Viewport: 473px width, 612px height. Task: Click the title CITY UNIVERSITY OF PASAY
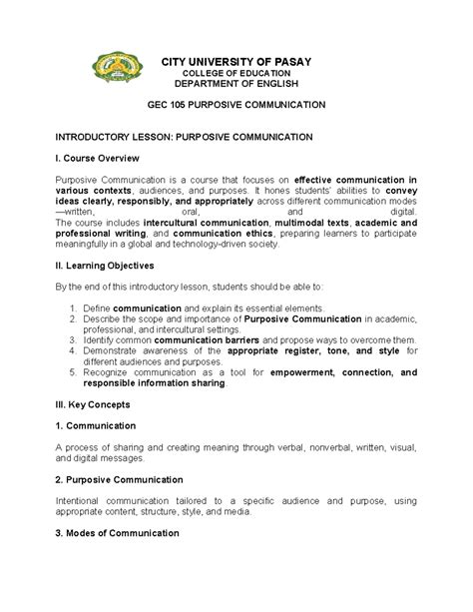click(x=237, y=62)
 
